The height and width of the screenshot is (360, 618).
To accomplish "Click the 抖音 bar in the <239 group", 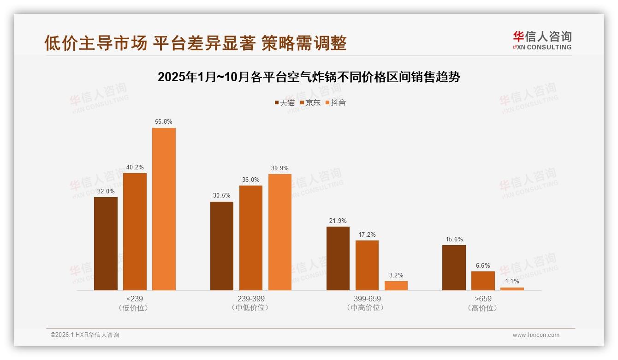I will [164, 209].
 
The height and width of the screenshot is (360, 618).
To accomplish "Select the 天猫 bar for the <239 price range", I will [106, 244].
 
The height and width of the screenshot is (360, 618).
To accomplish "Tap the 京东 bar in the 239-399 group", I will [250, 238].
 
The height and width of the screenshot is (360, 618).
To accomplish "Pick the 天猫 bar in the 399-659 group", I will [338, 258].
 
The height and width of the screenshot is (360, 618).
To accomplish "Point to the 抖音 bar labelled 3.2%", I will [396, 286].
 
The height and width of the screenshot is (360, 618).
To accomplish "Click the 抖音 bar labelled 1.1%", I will [512, 289].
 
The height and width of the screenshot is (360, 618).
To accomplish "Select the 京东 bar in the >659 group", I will [483, 281].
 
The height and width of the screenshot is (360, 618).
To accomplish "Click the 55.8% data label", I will [164, 122].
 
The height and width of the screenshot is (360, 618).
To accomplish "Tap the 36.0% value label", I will [250, 180].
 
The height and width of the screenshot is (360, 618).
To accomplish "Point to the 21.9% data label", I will [338, 221].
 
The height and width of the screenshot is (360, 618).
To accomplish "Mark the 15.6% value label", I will [454, 240].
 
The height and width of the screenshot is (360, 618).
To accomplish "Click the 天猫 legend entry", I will [285, 103].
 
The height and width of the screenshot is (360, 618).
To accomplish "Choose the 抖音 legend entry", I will [336, 103].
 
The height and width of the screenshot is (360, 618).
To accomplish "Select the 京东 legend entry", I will [310, 103].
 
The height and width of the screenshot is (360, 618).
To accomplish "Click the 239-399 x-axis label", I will [251, 299].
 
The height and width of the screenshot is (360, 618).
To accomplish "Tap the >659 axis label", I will [483, 299].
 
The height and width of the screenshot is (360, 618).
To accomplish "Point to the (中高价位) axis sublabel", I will [367, 308].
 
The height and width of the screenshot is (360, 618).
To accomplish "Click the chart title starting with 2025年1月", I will [309, 77].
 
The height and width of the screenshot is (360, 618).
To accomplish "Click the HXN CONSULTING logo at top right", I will [542, 41].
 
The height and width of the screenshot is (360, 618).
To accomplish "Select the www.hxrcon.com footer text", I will [536, 335].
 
